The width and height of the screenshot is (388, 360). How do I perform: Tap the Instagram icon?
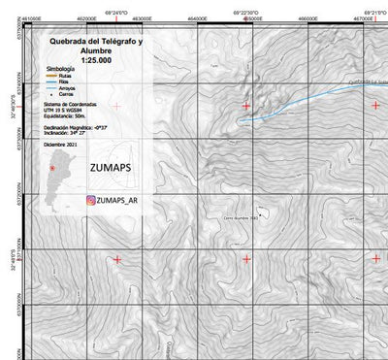pos(90,201)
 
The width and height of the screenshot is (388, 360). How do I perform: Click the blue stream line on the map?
pos(291,101)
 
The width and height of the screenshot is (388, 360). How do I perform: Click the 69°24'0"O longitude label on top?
pos(115,13)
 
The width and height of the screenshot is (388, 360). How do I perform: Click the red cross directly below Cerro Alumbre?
pos(246,259)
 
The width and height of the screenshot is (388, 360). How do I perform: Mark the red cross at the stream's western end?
pos(246,105)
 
